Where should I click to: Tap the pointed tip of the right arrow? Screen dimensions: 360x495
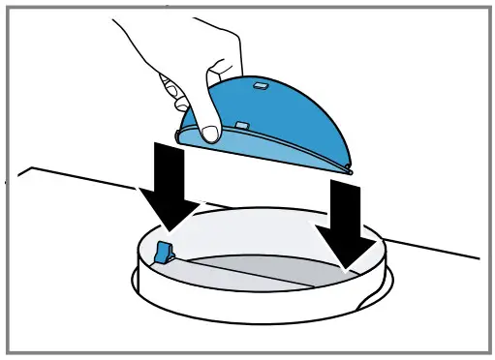pyautogui.click(x=350, y=264)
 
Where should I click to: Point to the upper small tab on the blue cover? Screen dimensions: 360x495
pyautogui.click(x=260, y=86)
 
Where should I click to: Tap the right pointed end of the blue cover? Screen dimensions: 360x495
pyautogui.click(x=349, y=170)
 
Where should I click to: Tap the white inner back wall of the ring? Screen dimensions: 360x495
pyautogui.click(x=262, y=225)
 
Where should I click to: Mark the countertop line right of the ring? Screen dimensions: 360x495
pyautogui.click(x=436, y=251)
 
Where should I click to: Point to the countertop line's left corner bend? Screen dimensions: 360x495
pyautogui.click(x=32, y=168)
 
